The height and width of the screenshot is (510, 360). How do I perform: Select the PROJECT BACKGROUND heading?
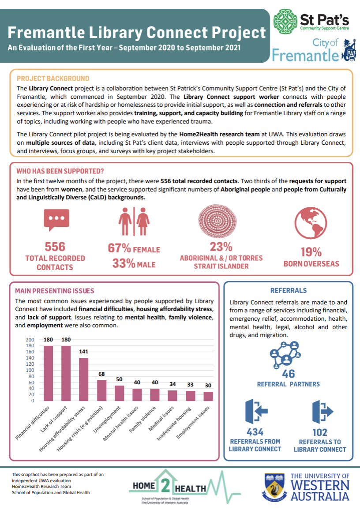pyautogui.click(x=52, y=79)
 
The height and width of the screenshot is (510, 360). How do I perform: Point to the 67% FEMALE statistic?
pyautogui.click(x=134, y=249)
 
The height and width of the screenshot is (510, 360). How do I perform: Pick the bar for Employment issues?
pyautogui.click(x=208, y=396)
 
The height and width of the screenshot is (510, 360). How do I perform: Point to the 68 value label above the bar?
pyautogui.click(x=101, y=374)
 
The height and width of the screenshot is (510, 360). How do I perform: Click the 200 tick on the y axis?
pyautogui.click(x=30, y=340)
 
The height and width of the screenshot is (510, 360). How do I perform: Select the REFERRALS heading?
pyautogui.click(x=288, y=291)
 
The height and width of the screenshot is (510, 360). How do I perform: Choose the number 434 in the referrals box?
pyautogui.click(x=255, y=432)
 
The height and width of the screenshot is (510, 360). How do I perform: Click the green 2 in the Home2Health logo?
pyautogui.click(x=165, y=485)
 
